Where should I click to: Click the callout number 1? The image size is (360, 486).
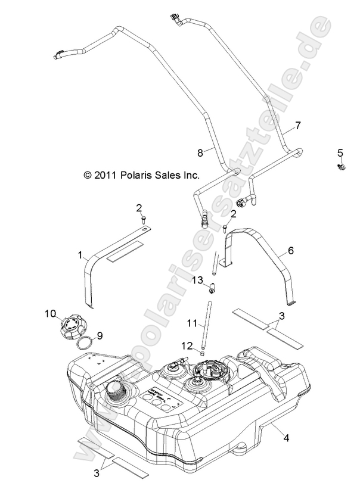79,255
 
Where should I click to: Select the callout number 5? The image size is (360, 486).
341,152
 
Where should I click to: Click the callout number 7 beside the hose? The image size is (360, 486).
298,126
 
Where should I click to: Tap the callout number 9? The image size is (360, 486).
100,335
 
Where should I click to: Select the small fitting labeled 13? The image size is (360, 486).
212,291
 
